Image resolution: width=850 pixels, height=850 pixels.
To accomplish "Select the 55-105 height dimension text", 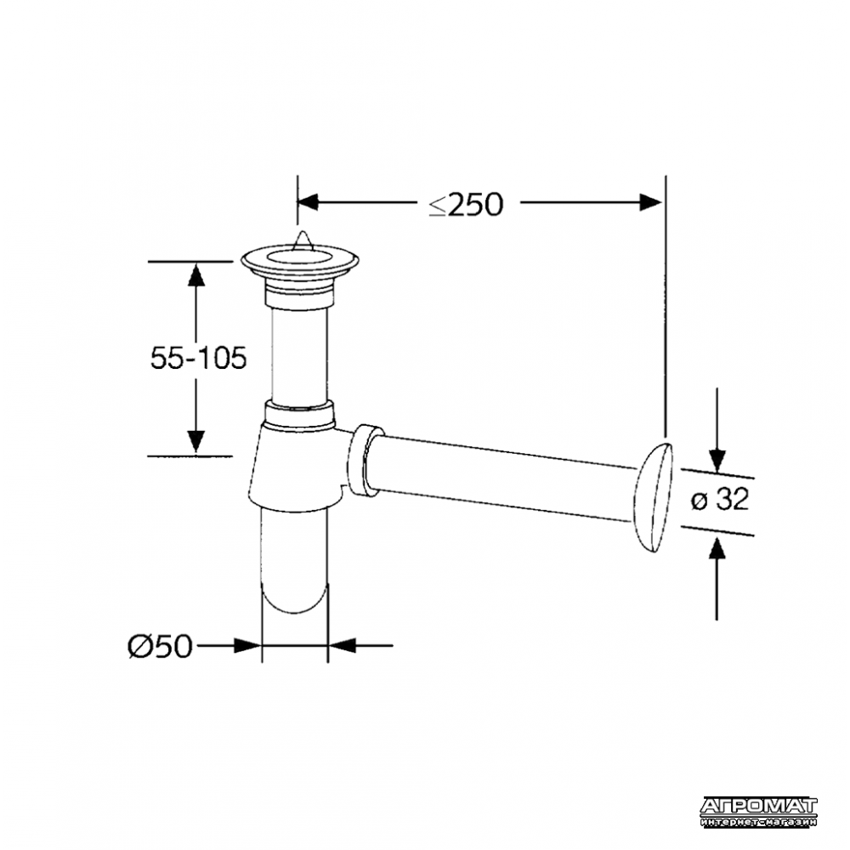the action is tap(198, 359).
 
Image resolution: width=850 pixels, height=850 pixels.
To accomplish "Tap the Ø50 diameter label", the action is tap(160, 646).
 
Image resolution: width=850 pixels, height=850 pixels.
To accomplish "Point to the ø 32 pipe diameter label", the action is tap(720, 499).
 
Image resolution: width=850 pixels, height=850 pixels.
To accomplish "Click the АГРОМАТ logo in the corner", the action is tap(758, 813).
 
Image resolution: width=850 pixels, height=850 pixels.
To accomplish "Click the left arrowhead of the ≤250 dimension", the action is tap(307, 202).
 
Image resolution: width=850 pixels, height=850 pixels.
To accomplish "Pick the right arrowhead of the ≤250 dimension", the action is tap(651, 202).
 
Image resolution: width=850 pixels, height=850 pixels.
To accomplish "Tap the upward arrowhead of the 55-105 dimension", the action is tap(196, 274).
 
